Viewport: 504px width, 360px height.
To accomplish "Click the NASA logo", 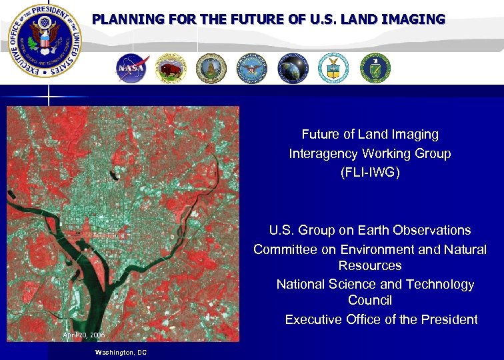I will coord(131,69).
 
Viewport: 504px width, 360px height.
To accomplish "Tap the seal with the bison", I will coord(171,69).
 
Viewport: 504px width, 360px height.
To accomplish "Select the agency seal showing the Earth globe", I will coord(293,69).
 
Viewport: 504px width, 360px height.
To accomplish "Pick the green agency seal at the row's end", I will coord(375,68).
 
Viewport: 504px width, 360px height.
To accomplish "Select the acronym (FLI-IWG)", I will coord(370,173).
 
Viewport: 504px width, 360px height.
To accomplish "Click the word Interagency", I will coord(325,153).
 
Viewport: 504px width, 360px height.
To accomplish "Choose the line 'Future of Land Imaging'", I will coord(370,134).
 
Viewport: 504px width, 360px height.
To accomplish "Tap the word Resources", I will coord(370,265).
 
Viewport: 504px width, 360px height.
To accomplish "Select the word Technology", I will coord(439,284).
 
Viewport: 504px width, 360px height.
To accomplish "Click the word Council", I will coord(370,301).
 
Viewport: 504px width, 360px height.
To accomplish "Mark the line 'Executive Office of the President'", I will coord(381,319).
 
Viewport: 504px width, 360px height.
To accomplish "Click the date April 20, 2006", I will coord(84,333).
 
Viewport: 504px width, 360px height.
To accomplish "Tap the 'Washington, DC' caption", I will coord(121,351).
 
